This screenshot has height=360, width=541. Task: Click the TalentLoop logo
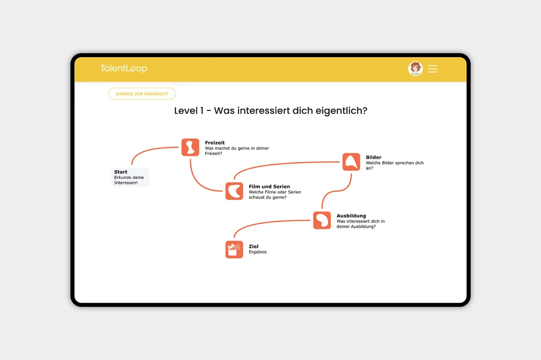point(124,68)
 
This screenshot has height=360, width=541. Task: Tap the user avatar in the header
point(415,68)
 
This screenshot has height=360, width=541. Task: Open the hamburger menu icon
point(432,69)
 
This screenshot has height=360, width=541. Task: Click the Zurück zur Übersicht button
point(142,94)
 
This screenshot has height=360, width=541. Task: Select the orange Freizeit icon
point(190,147)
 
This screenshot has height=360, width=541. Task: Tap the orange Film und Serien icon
point(235,191)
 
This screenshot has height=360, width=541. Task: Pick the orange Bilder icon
point(351,162)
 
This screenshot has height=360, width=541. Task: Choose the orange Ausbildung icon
point(322,220)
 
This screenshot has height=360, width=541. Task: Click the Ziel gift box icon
point(235,249)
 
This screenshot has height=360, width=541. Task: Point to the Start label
point(121,172)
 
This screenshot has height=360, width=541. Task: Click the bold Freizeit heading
point(215,143)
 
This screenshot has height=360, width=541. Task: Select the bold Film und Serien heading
point(269,186)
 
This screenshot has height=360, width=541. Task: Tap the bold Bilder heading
point(373,157)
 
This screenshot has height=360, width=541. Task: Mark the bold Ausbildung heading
point(351,216)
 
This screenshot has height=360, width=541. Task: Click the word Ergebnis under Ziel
point(257,252)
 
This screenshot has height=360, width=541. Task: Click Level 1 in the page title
point(189,111)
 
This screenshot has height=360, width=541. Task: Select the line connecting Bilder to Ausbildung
point(336,191)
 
